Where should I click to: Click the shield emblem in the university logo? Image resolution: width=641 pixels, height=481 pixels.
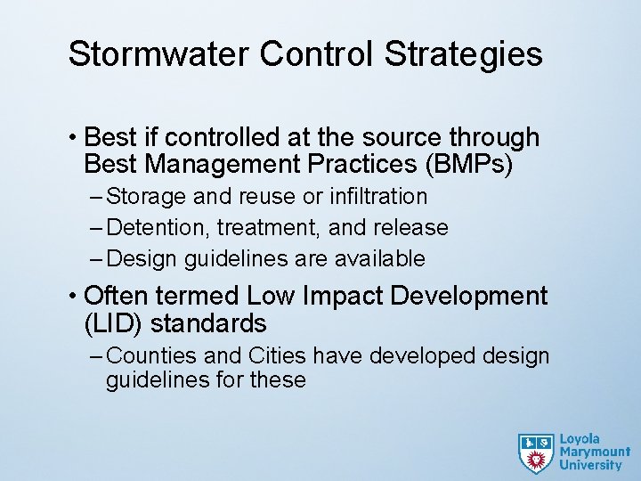tap(536, 452)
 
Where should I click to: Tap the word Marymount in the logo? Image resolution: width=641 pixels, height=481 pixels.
tap(595, 452)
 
